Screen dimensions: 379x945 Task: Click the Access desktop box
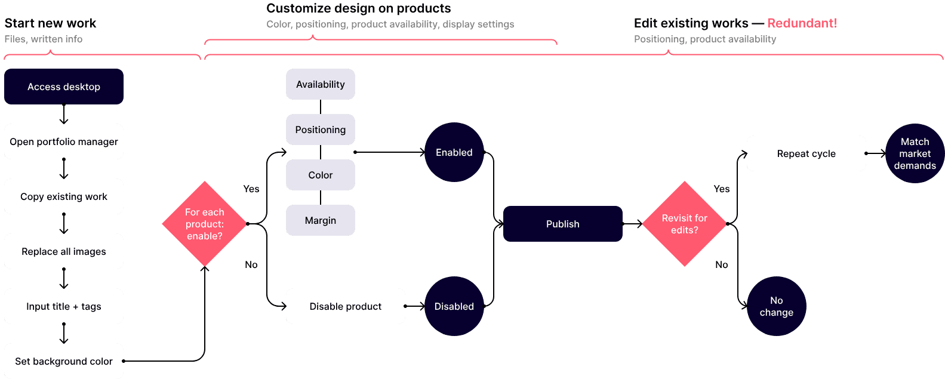click(x=64, y=87)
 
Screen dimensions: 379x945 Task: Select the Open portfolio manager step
click(x=64, y=141)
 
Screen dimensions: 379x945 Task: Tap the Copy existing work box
click(x=64, y=196)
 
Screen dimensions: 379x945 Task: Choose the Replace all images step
click(x=64, y=251)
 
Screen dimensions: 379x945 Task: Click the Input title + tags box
click(x=64, y=306)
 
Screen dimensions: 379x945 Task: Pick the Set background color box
click(x=64, y=360)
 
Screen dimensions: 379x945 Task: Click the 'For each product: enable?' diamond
click(x=204, y=224)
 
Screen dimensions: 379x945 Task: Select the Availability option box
click(x=321, y=84)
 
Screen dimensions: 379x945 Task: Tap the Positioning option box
click(x=321, y=130)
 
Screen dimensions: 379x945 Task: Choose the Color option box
click(x=321, y=175)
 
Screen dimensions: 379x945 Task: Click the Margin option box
click(x=321, y=220)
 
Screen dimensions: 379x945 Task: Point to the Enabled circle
click(x=454, y=152)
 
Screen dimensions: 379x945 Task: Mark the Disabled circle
click(x=454, y=306)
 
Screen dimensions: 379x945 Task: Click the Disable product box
click(x=346, y=306)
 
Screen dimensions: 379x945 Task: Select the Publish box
click(x=563, y=224)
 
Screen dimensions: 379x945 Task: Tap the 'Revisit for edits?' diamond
click(x=685, y=224)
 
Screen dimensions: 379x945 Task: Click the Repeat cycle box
click(x=807, y=153)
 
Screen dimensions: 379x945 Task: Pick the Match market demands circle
click(x=915, y=153)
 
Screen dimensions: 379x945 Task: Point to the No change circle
click(x=777, y=306)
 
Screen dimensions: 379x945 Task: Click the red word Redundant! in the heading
click(x=802, y=23)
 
